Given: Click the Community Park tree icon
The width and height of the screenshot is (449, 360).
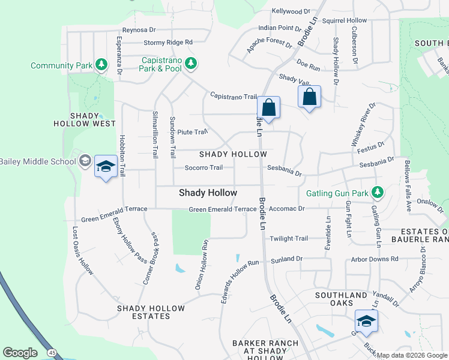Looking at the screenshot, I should click(x=101, y=64).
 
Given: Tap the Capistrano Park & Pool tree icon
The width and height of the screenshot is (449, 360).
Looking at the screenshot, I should click(x=190, y=62).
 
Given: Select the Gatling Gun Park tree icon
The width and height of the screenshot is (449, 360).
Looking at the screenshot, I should click(x=377, y=193).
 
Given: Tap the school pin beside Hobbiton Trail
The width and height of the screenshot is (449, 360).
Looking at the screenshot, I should click(x=106, y=167).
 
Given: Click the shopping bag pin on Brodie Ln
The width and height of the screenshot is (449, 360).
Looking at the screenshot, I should click(x=269, y=108).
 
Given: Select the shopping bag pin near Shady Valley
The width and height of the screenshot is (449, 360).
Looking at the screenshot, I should click(x=309, y=97).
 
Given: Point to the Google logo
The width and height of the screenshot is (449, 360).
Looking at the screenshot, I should click(x=20, y=353).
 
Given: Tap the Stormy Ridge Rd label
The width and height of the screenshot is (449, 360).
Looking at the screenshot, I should click(x=167, y=43).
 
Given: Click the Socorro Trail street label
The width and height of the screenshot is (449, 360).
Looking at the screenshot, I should click(x=203, y=168).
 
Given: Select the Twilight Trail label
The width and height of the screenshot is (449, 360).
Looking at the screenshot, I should click(x=289, y=238).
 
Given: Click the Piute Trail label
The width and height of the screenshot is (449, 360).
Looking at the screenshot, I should click(x=191, y=132).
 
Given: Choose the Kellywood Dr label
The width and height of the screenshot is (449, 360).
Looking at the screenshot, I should click(x=291, y=11).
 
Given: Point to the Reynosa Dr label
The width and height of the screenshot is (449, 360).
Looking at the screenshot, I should click(x=139, y=29).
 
